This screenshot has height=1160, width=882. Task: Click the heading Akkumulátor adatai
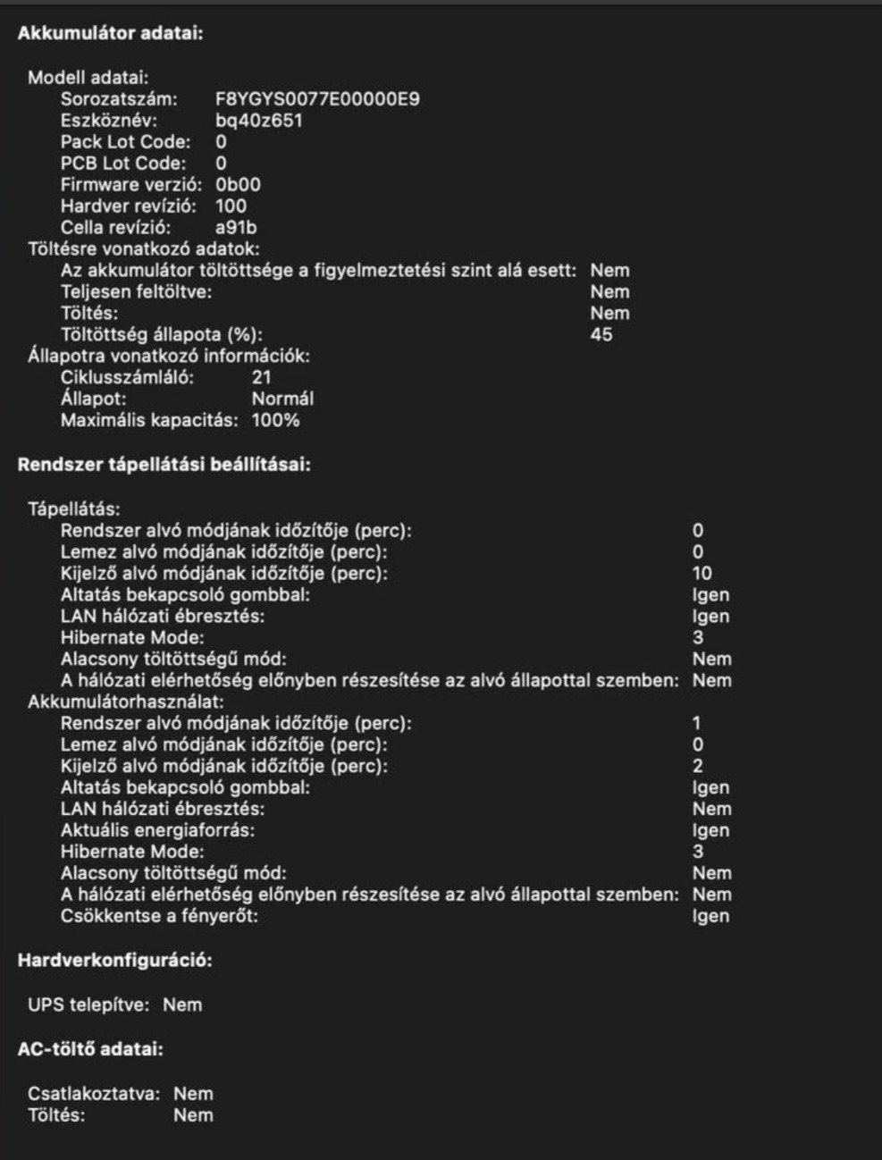111,34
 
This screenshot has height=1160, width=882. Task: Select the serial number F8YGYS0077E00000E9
317,99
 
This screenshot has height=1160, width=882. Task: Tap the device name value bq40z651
258,121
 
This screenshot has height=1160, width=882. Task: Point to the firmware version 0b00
238,185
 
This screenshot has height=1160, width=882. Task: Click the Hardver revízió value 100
231,206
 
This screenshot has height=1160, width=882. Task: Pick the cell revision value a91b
236,228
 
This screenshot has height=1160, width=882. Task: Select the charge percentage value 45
601,335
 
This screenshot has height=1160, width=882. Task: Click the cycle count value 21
261,378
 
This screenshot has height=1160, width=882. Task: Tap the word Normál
282,399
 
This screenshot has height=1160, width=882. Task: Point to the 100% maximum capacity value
275,421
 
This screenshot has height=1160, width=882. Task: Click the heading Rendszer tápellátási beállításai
164,465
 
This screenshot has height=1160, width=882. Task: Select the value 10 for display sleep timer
701,574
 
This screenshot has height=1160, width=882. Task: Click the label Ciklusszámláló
127,378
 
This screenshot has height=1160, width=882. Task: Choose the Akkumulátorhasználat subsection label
126,702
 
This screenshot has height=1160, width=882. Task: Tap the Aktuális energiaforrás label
157,831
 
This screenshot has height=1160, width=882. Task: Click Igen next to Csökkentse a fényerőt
710,917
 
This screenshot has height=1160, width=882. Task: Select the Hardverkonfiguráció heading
115,961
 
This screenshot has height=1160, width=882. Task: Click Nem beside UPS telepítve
182,1005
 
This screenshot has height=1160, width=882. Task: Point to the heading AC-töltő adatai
90,1049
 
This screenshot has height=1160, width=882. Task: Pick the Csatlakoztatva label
94,1094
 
